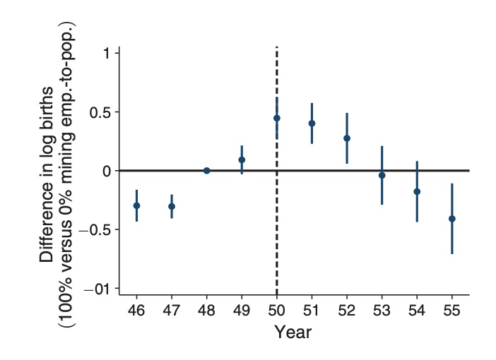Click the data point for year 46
click(x=136, y=205)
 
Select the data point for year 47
click(x=172, y=206)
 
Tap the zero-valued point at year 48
click(x=206, y=170)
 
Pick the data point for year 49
click(x=242, y=160)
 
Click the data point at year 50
click(x=277, y=118)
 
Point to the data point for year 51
click(x=312, y=123)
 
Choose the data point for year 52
click(x=347, y=138)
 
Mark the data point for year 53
click(x=382, y=175)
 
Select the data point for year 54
click(x=417, y=191)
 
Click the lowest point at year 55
click(x=451, y=219)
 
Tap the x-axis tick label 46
click(x=136, y=311)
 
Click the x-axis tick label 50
click(x=277, y=311)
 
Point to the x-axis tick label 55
click(x=451, y=311)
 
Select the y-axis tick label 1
click(x=105, y=54)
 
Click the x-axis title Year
click(x=293, y=332)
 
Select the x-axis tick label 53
click(x=382, y=311)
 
